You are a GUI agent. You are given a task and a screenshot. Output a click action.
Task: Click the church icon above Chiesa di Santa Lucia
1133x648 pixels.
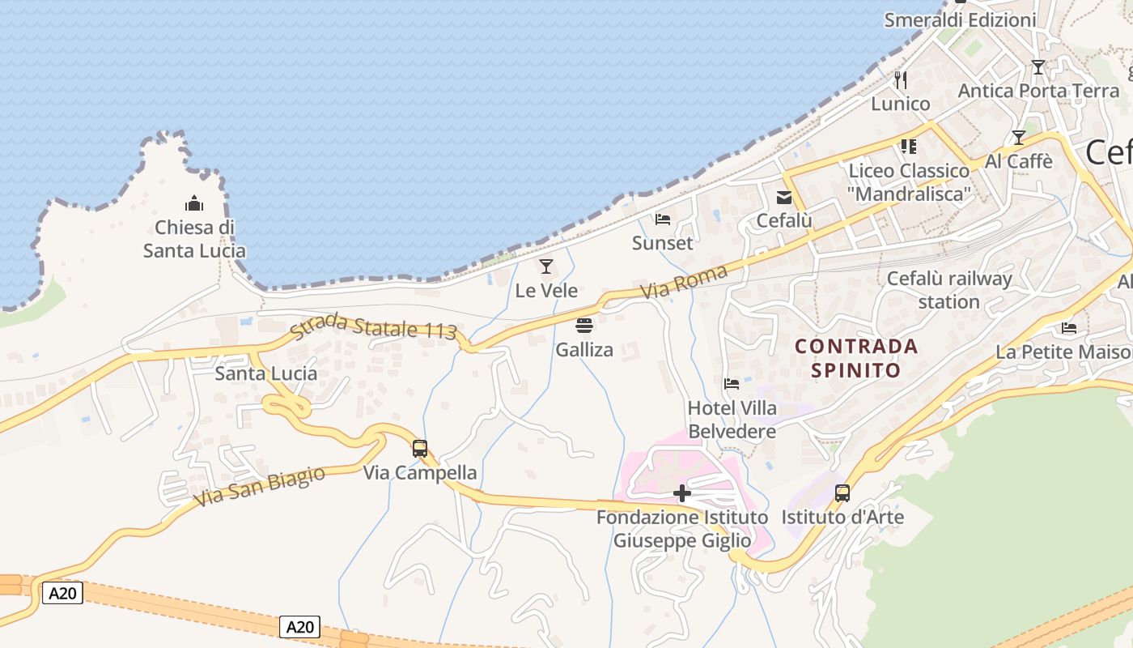pyautogui.click(x=194, y=202)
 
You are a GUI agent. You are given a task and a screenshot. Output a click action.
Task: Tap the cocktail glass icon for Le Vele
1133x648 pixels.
pyautogui.click(x=546, y=266)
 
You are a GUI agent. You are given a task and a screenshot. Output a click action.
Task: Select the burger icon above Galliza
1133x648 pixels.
pyautogui.click(x=583, y=326)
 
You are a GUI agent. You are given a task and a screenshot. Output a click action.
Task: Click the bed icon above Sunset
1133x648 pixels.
pyautogui.click(x=663, y=219)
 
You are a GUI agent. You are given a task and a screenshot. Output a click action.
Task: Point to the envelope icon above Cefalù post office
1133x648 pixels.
pyautogui.click(x=784, y=197)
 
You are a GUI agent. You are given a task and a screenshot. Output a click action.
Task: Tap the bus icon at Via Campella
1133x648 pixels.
pyautogui.click(x=419, y=448)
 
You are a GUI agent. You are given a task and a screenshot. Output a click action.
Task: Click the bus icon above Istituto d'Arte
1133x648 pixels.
pyautogui.click(x=842, y=492)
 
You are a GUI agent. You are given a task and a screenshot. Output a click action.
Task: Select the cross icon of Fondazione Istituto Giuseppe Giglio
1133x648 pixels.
pyautogui.click(x=682, y=492)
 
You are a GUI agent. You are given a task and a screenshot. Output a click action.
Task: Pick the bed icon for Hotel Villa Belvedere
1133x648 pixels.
pyautogui.click(x=732, y=383)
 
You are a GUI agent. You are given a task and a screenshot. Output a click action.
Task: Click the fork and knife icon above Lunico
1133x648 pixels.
pyautogui.click(x=901, y=79)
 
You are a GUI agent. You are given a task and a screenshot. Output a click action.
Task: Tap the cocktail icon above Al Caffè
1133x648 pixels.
pyautogui.click(x=1018, y=138)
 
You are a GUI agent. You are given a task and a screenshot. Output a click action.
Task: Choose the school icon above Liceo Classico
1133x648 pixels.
pyautogui.click(x=908, y=147)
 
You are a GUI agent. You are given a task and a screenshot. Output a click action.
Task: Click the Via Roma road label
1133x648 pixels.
pyautogui.click(x=684, y=283)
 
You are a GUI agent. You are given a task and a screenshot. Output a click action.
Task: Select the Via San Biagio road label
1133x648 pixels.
pyautogui.click(x=259, y=486)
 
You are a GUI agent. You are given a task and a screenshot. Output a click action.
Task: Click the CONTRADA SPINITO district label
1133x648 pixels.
pyautogui.click(x=856, y=358)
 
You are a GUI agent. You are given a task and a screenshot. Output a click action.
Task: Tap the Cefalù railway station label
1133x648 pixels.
pyautogui.click(x=949, y=290)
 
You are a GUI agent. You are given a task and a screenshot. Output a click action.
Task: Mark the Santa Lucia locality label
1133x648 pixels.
pyautogui.click(x=265, y=373)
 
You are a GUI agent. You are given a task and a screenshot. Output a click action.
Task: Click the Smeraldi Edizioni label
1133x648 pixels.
pyautogui.click(x=960, y=20)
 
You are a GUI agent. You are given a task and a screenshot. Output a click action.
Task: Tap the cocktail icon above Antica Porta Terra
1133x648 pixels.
pyautogui.click(x=1038, y=67)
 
